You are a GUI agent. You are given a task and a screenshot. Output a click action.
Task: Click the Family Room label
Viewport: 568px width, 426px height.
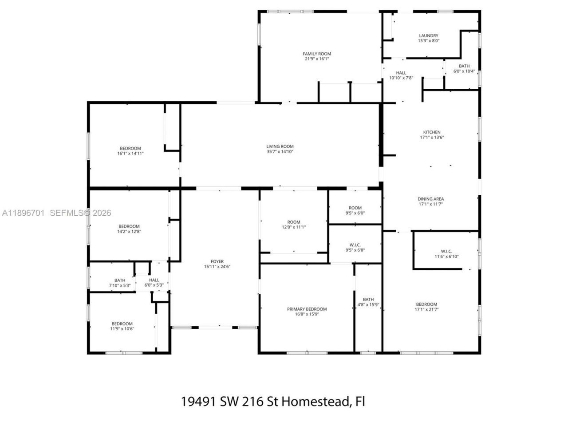click(x=317, y=54)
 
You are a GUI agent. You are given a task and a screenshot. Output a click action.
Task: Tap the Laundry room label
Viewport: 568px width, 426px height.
click(x=428, y=35)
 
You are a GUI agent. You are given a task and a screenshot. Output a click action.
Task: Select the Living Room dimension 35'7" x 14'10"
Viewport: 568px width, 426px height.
click(x=280, y=152)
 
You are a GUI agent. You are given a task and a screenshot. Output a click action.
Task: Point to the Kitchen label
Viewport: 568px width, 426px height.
click(x=431, y=132)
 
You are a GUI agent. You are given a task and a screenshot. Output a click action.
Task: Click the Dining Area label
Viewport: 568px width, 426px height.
click(x=430, y=199)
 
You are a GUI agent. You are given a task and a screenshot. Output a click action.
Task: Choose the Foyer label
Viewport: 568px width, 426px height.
click(x=217, y=261)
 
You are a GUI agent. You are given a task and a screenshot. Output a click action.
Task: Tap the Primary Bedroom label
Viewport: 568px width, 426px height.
click(x=307, y=309)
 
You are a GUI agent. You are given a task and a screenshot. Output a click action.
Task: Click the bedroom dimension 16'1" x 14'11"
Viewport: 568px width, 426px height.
click(x=130, y=154)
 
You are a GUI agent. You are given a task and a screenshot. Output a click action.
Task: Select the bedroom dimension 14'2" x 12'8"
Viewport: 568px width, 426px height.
click(x=129, y=232)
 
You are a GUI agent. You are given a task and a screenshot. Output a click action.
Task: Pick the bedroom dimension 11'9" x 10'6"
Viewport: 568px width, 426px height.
click(x=122, y=329)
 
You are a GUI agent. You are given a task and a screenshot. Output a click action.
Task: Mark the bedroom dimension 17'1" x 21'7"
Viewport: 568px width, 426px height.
click(x=426, y=310)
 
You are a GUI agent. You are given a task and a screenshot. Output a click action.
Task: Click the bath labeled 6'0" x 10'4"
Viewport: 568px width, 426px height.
click(x=464, y=69)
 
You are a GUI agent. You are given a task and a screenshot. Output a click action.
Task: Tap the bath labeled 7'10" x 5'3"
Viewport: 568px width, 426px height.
click(x=119, y=283)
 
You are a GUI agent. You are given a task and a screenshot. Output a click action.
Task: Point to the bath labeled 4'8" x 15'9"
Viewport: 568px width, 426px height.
click(x=368, y=302)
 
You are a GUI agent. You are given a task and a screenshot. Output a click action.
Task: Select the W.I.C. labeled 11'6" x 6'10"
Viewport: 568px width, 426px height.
click(x=446, y=254)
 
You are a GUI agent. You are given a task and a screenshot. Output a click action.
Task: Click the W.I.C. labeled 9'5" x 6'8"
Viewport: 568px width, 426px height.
click(x=355, y=248)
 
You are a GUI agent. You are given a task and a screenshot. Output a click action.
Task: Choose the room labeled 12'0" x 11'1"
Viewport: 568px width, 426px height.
click(x=293, y=225)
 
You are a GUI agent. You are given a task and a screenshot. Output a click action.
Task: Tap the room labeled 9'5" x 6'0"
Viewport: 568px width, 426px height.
click(x=355, y=210)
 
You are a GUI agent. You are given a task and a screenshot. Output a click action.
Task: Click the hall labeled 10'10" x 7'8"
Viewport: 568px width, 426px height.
click(x=401, y=75)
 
